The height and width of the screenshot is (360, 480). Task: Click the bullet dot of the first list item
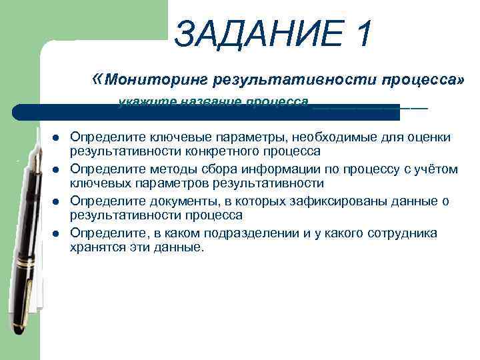click(x=57, y=138)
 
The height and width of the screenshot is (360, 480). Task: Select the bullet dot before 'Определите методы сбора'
click(x=57, y=170)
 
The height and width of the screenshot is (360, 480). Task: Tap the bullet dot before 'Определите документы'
click(x=57, y=202)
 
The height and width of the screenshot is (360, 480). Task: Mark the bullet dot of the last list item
click(x=57, y=234)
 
